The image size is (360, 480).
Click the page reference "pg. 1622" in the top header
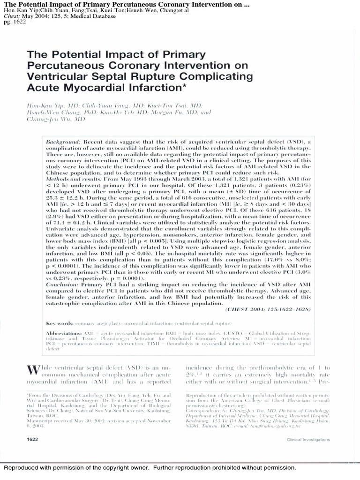pos(14,22)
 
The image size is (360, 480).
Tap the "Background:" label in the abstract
pos(63,142)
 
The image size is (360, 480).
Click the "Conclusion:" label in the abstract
pos(63,285)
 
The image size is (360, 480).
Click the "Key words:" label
pos(60,323)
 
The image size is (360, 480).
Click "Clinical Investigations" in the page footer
pos(308,440)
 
